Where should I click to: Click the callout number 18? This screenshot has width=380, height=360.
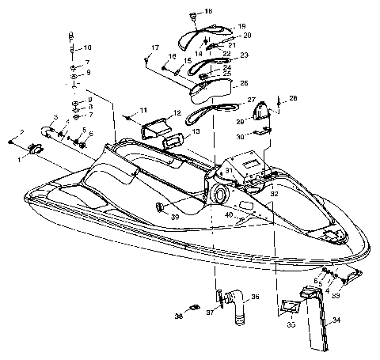point(208,11)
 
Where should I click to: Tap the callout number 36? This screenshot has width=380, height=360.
point(255,297)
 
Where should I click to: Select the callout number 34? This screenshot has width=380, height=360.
point(337,320)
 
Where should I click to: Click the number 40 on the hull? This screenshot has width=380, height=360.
point(228,214)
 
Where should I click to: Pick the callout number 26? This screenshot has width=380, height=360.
point(243,83)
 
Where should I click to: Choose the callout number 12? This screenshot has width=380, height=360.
point(177,114)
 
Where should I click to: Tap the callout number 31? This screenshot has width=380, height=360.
point(229,170)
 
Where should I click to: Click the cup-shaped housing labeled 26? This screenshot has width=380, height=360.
point(215,90)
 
